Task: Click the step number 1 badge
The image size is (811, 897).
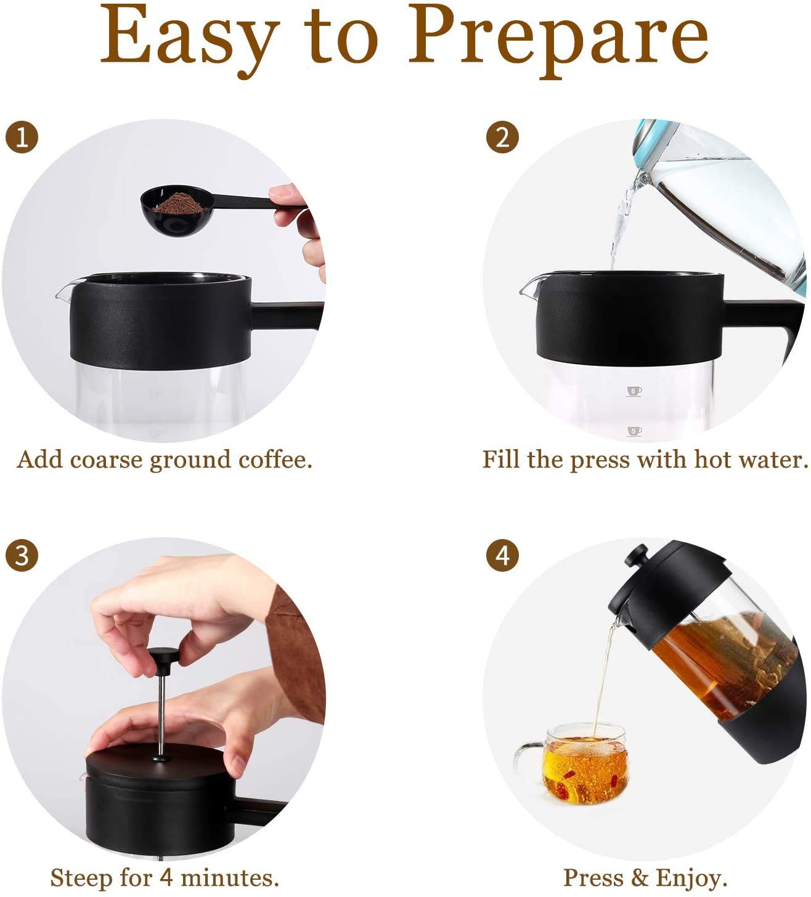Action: pos(22,137)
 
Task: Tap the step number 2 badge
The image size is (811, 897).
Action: pos(502,137)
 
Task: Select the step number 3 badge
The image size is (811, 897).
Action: pos(22,556)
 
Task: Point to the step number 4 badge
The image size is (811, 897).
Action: pos(502,556)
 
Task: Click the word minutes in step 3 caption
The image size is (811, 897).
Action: pos(230,877)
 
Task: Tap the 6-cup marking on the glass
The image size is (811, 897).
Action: pos(634,391)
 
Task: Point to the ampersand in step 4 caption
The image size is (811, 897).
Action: pos(640,877)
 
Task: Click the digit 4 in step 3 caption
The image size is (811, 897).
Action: pos(166,877)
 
